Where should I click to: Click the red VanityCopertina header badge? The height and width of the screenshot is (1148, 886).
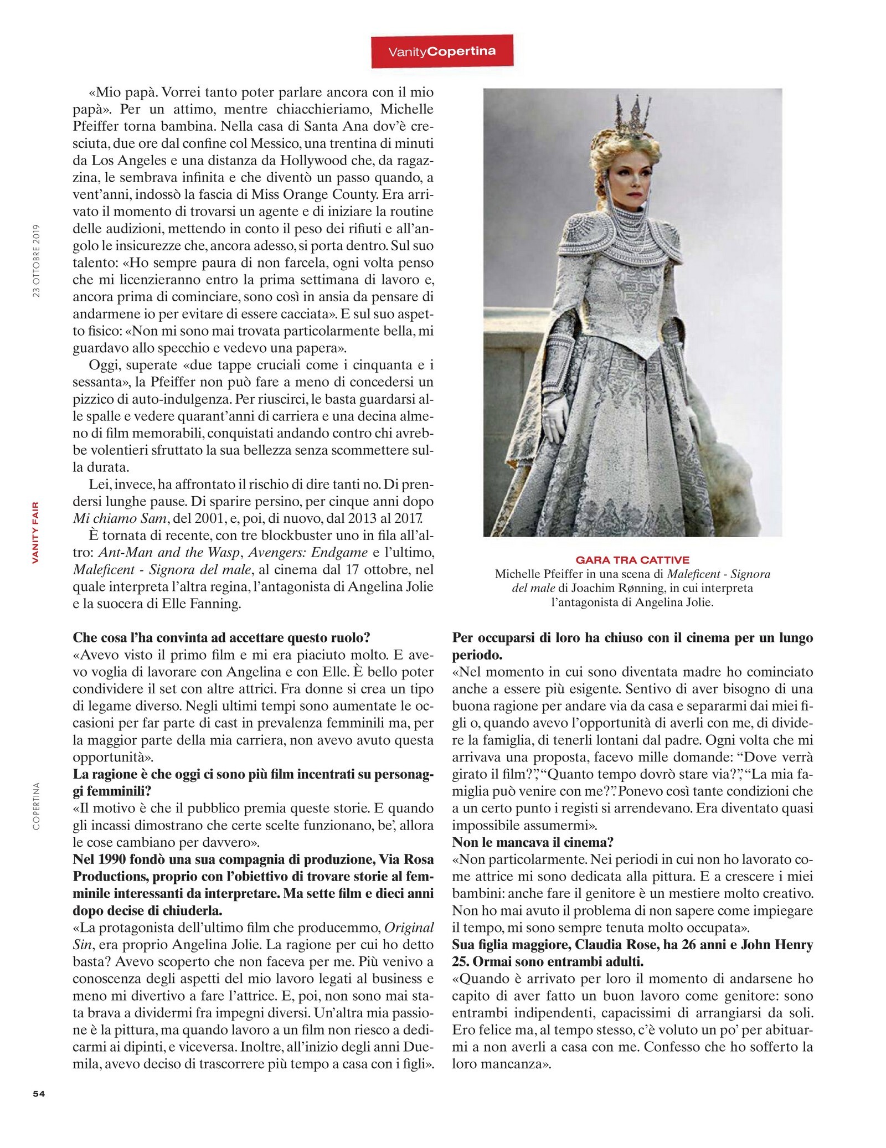tap(442, 52)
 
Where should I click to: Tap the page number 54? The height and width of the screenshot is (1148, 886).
tap(39, 1093)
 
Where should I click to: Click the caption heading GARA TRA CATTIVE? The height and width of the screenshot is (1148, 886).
tap(632, 560)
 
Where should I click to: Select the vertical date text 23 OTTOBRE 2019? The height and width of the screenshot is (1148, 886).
tap(37, 260)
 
